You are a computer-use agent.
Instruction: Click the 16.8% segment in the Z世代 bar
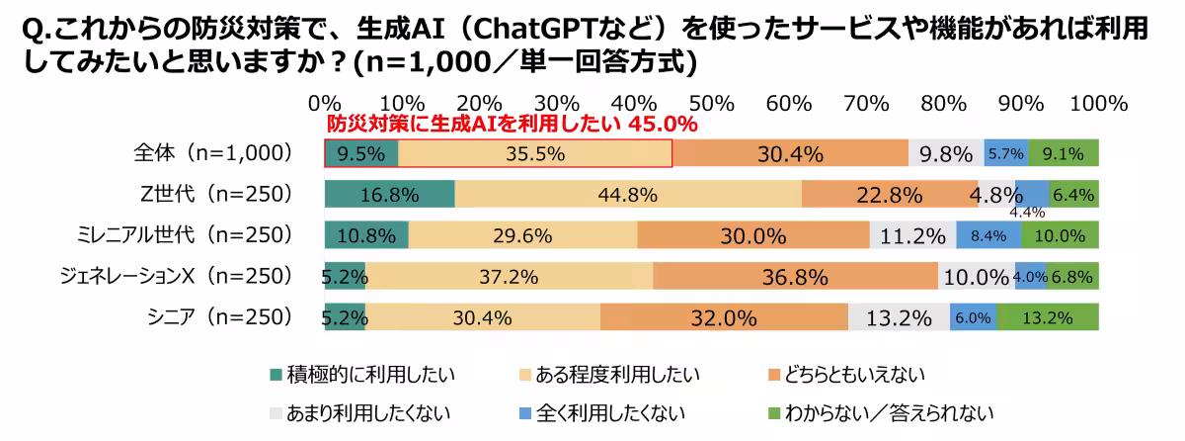pos(389,195)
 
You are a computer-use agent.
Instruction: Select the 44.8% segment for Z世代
pos(628,195)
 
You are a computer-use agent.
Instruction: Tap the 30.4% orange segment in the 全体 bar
pos(790,154)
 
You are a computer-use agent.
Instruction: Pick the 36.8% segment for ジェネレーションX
pos(795,277)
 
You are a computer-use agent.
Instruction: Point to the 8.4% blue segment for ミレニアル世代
pos(988,235)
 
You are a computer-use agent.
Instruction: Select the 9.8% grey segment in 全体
pos(946,154)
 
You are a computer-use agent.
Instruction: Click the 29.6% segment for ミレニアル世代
pos(522,235)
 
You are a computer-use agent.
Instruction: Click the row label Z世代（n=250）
pos(217,195)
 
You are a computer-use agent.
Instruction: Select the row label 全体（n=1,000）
pos(211,154)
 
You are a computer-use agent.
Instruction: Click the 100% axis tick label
pos(1098,103)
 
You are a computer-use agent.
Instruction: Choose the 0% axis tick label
pos(325,103)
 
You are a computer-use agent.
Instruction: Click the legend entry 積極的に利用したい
pos(370,375)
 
